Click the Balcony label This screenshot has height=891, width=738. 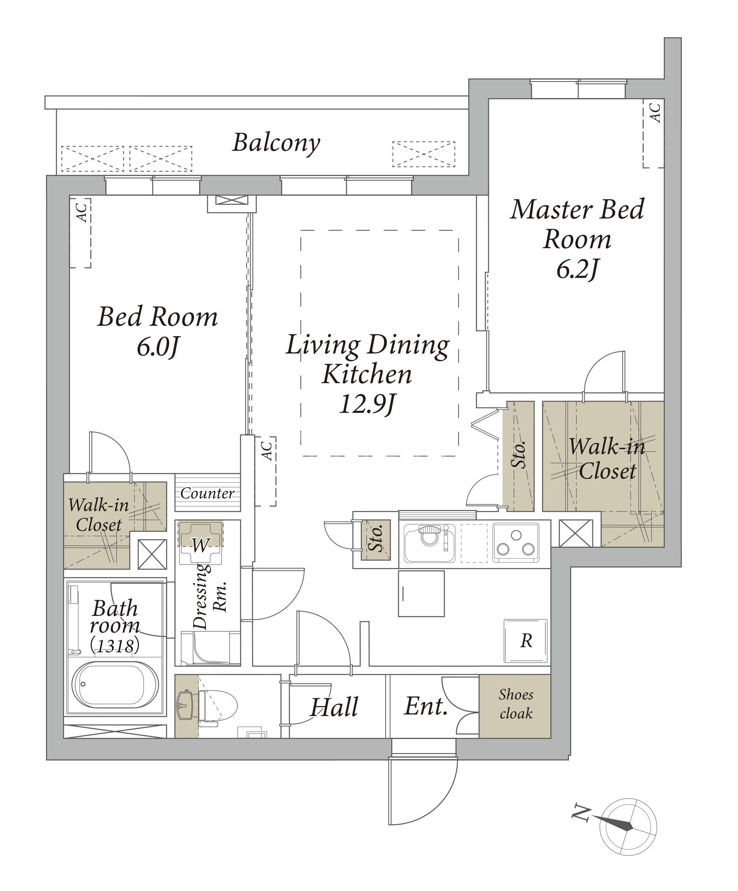(276, 143)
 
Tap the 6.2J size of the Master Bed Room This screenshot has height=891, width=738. (577, 269)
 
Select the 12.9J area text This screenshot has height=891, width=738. (367, 403)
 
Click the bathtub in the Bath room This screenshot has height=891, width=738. (115, 684)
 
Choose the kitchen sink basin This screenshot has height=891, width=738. (429, 543)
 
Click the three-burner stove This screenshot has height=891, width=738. (515, 543)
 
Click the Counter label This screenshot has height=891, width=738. (207, 493)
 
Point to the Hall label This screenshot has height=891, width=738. (334, 707)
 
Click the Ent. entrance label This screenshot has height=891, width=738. (426, 707)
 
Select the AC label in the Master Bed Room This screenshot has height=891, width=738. (656, 112)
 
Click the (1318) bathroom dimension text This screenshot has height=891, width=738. (114, 645)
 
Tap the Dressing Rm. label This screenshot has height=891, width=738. (210, 596)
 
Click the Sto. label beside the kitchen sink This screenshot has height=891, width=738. (376, 538)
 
